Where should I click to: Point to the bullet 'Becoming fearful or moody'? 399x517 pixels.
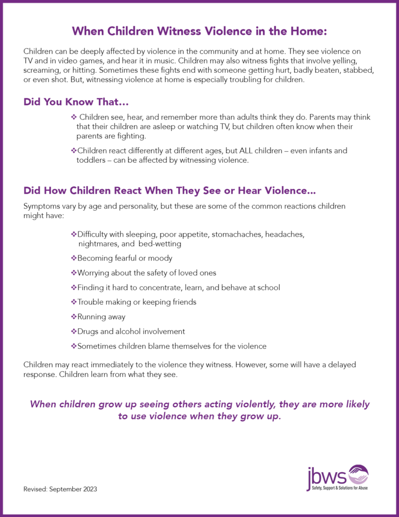pyautogui.click(x=125, y=258)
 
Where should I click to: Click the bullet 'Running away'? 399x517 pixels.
pyautogui.click(x=101, y=316)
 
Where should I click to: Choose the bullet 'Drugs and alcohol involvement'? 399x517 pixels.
pyautogui.click(x=131, y=331)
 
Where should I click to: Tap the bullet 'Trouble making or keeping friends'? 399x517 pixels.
pyautogui.click(x=137, y=302)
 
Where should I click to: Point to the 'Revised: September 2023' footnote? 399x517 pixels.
pyautogui.click(x=60, y=489)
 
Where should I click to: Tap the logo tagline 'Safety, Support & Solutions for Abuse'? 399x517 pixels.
pyautogui.click(x=338, y=488)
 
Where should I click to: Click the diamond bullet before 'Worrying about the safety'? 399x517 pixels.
pyautogui.click(x=73, y=273)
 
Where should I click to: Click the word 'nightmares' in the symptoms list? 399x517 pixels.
pyautogui.click(x=97, y=243)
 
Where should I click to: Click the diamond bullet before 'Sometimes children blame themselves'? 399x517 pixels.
pyautogui.click(x=73, y=346)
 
